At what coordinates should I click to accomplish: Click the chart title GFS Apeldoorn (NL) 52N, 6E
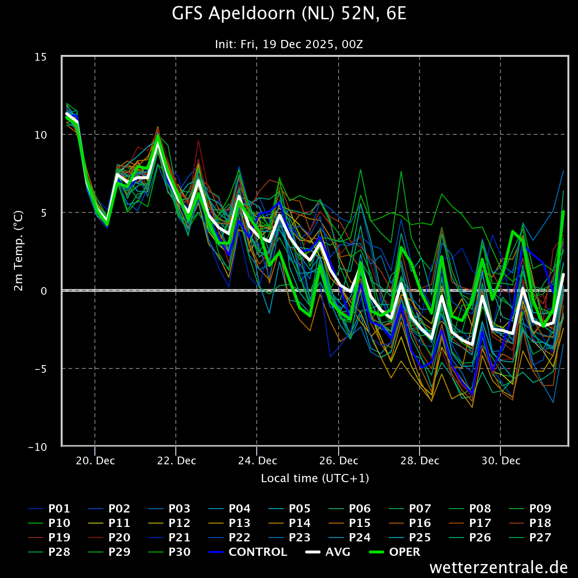tap(289, 14)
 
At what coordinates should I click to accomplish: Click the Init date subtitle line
tap(289, 44)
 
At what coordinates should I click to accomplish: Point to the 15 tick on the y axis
tap(40, 57)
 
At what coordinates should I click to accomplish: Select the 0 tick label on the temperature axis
tap(43, 291)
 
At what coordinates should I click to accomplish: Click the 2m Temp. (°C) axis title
tap(19, 250)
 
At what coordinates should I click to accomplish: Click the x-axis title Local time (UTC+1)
tap(315, 478)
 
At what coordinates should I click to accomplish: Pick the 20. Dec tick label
tap(95, 460)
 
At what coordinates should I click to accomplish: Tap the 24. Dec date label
tap(257, 460)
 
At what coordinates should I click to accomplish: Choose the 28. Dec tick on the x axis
tap(420, 460)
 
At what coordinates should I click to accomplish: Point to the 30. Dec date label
tap(500, 460)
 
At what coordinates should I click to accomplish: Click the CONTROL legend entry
tap(258, 552)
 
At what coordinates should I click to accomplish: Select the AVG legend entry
tap(338, 552)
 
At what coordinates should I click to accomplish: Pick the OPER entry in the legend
tap(405, 552)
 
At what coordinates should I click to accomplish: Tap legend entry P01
tap(59, 509)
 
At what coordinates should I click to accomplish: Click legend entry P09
tap(540, 509)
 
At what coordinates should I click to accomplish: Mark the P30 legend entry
tap(179, 552)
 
